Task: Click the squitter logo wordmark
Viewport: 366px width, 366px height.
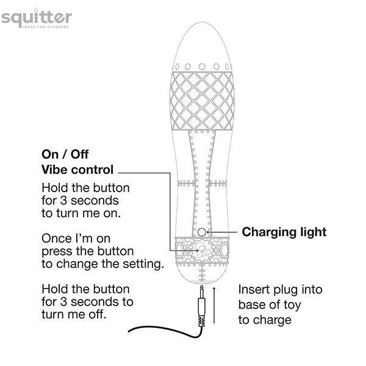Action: [x=37, y=18]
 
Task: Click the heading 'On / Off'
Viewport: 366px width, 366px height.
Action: [x=65, y=154]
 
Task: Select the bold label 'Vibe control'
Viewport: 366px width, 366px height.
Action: [x=77, y=170]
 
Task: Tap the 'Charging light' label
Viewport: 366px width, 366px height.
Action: [x=284, y=232]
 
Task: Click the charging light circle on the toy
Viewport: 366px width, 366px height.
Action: [x=202, y=232]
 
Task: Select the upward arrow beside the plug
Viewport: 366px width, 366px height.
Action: [x=214, y=306]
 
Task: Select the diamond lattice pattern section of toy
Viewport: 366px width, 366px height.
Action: [x=202, y=101]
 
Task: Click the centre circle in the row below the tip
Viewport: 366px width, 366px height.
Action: [x=202, y=66]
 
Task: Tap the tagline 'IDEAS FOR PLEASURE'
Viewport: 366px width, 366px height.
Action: [x=46, y=27]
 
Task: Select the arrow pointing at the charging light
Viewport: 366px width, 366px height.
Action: [x=222, y=232]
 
